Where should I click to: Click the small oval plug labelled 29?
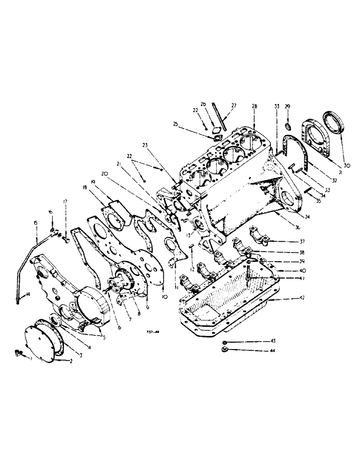(288, 126)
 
